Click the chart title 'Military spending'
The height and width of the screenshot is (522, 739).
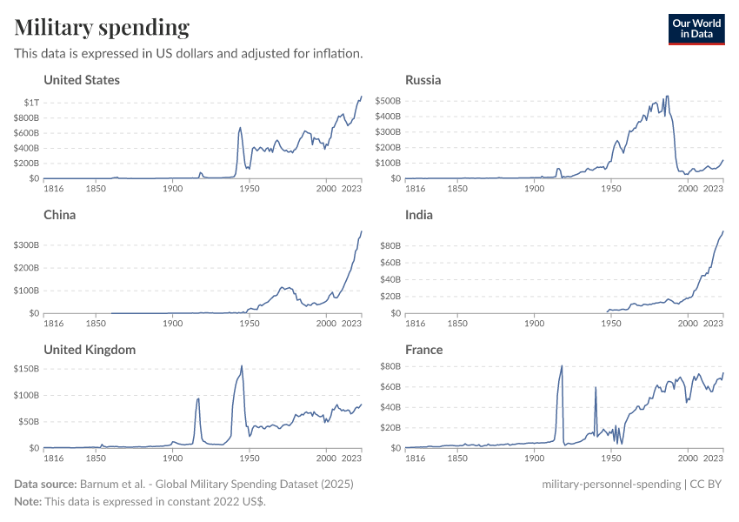click(102, 28)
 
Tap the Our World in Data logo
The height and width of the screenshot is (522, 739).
click(696, 28)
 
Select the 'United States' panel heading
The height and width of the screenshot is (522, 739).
click(82, 80)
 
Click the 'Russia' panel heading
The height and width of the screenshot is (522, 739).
click(423, 80)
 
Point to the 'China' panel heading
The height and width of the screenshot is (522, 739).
click(59, 215)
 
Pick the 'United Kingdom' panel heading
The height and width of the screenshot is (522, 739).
click(90, 350)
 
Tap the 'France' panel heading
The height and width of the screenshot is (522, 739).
click(424, 350)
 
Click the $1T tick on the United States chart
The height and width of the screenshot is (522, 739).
click(30, 103)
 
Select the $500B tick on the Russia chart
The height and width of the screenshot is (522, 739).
click(388, 101)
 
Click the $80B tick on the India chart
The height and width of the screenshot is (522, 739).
click(389, 246)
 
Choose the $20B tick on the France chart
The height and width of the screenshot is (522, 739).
click(389, 428)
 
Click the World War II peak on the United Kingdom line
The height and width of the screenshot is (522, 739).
click(241, 365)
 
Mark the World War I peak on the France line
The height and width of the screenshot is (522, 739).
click(562, 365)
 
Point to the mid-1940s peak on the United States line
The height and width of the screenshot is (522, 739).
click(240, 128)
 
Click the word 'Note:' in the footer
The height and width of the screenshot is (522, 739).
click(30, 502)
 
